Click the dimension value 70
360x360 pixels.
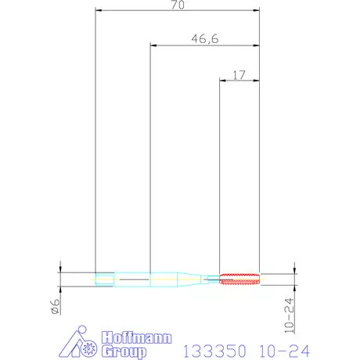[x=178, y=5]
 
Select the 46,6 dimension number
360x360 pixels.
[x=205, y=39]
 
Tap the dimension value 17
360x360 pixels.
[x=239, y=75]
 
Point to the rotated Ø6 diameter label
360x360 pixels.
[x=56, y=306]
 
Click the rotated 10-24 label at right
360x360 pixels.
[x=290, y=316]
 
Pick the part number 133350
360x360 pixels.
[x=214, y=351]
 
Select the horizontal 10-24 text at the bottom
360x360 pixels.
[x=284, y=351]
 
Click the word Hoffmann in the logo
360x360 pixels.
[x=137, y=337]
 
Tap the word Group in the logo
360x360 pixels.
[x=124, y=351]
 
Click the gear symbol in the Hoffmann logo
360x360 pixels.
[x=89, y=348]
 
